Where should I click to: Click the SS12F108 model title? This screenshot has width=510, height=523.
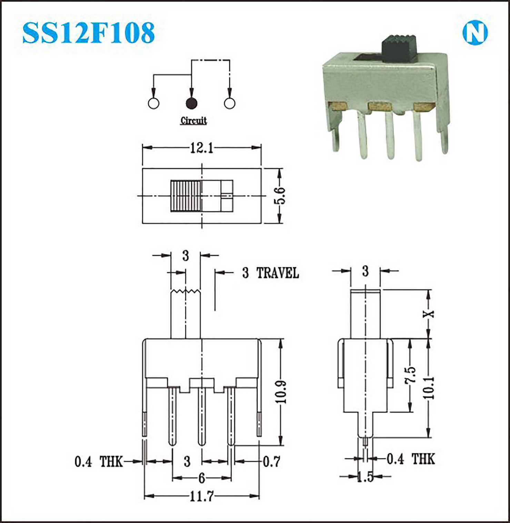tap(89, 33)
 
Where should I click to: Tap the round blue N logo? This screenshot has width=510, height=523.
tap(475, 33)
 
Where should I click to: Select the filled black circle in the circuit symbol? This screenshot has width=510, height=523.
tap(191, 103)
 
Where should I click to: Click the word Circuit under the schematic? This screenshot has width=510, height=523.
tap(193, 120)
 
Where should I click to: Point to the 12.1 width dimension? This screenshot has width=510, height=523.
tap(202, 148)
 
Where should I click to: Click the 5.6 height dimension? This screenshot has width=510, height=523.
tap(280, 195)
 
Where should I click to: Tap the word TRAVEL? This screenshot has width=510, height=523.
tap(278, 273)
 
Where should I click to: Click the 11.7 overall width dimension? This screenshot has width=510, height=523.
tap(202, 496)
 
